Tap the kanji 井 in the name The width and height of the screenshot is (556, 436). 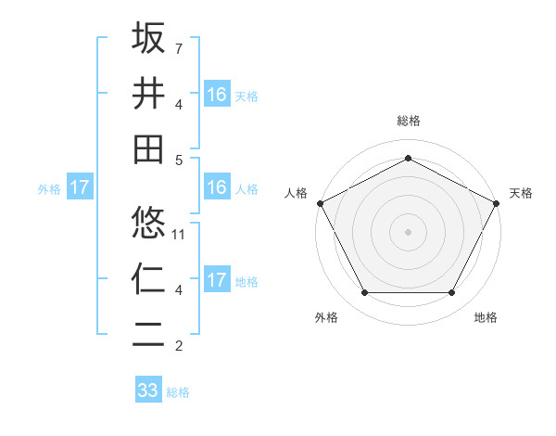click(x=148, y=93)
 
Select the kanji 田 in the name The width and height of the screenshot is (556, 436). click(x=148, y=148)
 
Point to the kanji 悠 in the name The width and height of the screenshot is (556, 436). click(x=148, y=223)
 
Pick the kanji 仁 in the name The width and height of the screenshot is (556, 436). click(x=148, y=278)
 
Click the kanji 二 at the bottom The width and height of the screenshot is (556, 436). click(x=148, y=334)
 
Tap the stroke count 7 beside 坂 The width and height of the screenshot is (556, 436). click(x=179, y=47)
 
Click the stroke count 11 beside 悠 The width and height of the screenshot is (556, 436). click(x=179, y=234)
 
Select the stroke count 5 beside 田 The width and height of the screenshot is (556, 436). click(x=179, y=160)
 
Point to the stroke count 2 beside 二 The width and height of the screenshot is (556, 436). click(x=179, y=346)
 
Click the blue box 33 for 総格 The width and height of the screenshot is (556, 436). click(x=148, y=391)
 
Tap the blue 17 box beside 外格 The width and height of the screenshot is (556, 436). click(x=80, y=187)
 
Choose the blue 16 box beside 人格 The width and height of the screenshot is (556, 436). click(x=216, y=187)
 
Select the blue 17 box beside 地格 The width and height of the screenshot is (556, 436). click(x=216, y=280)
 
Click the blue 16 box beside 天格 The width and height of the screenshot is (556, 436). click(x=216, y=94)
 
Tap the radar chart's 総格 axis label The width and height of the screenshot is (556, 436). click(x=408, y=121)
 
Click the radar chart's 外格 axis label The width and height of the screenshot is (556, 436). click(x=326, y=317)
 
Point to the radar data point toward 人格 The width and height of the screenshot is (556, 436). click(x=320, y=202)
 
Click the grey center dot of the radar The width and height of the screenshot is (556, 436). click(x=408, y=231)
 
